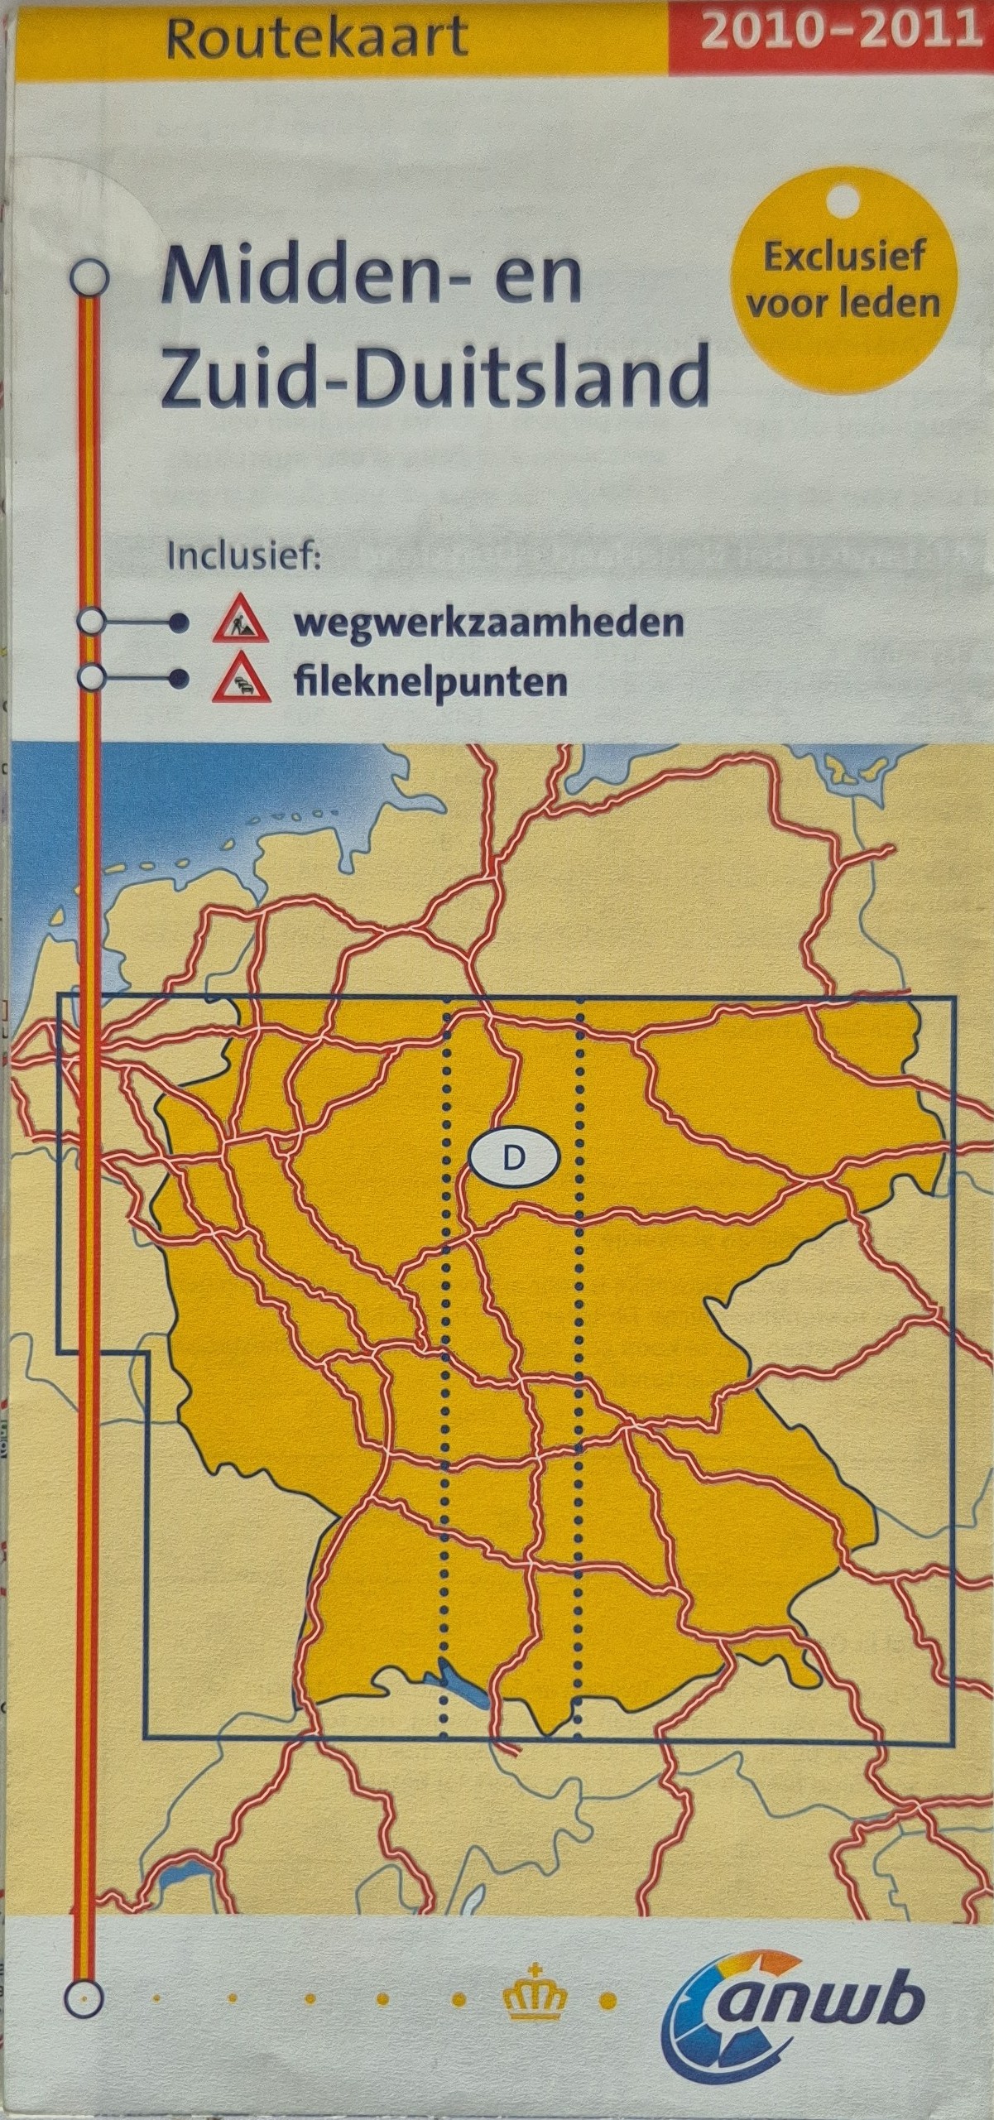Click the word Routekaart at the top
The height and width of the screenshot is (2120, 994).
[316, 39]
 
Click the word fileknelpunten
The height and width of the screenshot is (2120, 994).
[430, 683]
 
